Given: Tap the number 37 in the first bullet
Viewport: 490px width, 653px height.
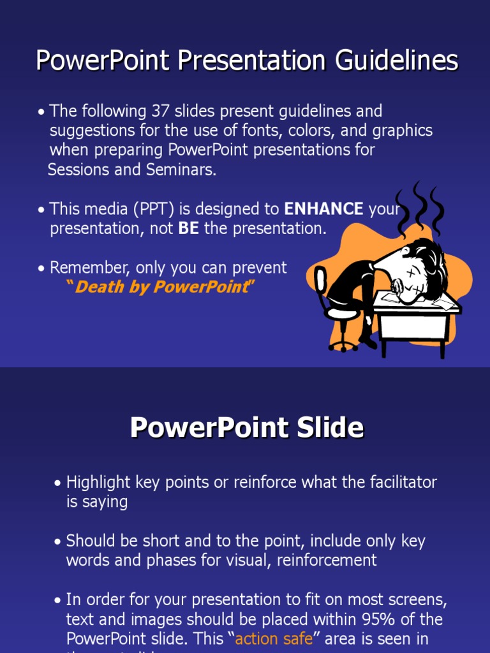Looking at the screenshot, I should click(x=160, y=111).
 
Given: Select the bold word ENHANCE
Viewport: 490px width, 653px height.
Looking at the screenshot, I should click(x=323, y=209).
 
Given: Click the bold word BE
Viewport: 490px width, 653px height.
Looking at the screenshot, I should click(x=188, y=229).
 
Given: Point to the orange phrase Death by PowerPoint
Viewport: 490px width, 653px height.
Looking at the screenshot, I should click(x=161, y=287).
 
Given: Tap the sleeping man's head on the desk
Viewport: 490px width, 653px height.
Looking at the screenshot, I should click(x=418, y=271).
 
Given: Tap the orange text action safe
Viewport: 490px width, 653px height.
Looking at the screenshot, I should click(x=274, y=639).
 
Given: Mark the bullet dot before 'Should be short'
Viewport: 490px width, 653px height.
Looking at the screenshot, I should click(x=58, y=542).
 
